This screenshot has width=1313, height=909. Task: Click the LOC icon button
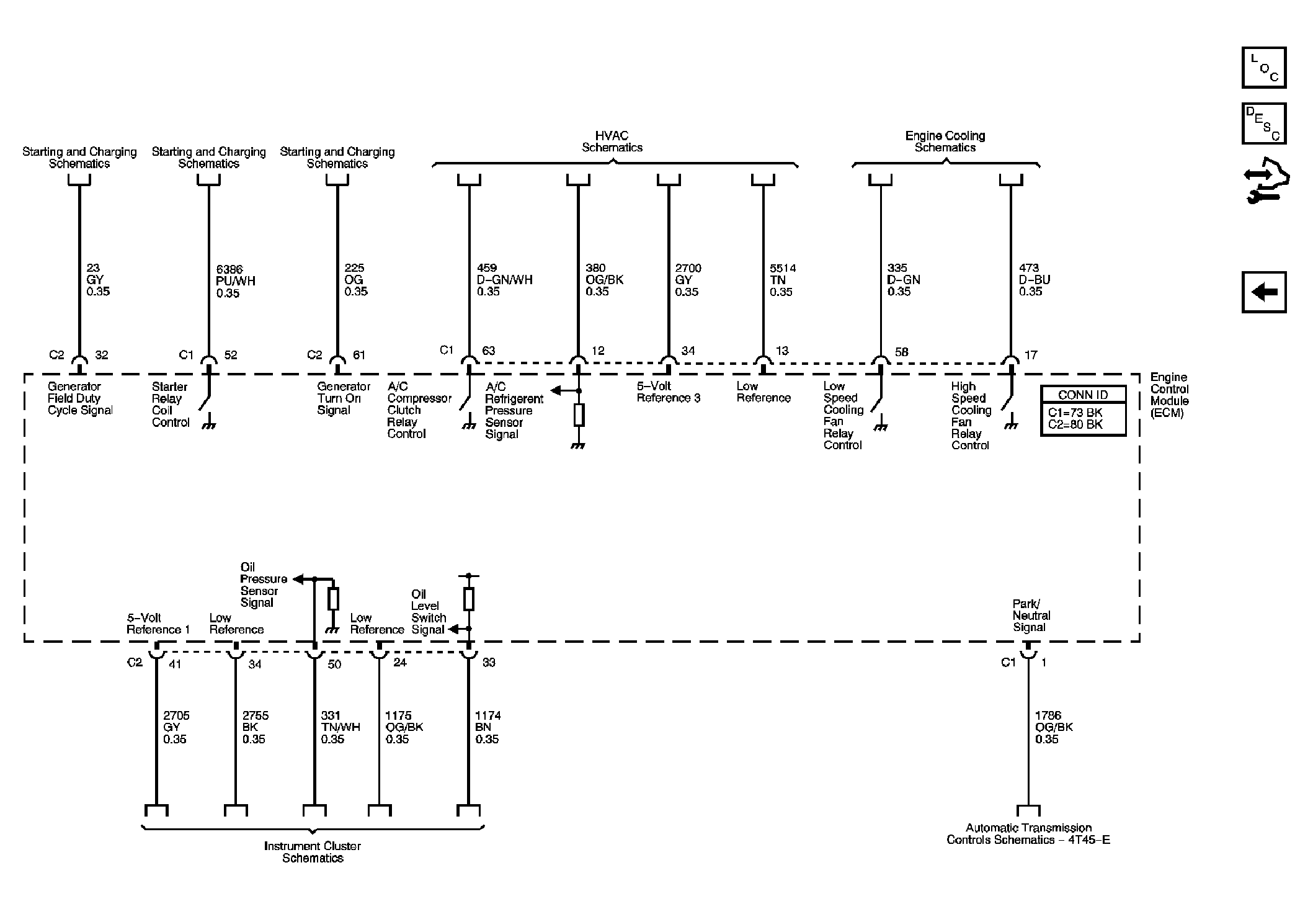(1263, 68)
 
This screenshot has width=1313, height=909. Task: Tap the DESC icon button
(1263, 123)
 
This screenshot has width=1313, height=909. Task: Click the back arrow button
(1263, 292)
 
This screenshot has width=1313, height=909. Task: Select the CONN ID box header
(1083, 395)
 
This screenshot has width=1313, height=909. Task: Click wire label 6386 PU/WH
(236, 281)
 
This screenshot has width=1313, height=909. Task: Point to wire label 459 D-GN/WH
(504, 280)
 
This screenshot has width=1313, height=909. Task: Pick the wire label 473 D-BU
(1035, 280)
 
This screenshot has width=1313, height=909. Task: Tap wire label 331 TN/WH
(340, 727)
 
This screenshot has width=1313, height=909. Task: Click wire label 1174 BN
(488, 727)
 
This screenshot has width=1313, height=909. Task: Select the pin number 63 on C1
(489, 351)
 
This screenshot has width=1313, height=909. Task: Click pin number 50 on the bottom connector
(334, 664)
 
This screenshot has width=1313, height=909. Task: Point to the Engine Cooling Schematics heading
(945, 141)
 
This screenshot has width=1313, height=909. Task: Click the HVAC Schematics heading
(612, 141)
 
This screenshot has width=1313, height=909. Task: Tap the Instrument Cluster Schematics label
(313, 852)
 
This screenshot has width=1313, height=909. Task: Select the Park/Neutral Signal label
(1031, 616)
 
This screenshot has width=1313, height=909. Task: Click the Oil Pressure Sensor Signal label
(264, 585)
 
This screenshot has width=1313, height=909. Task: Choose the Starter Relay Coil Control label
(171, 405)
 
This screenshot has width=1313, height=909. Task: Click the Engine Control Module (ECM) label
(1170, 395)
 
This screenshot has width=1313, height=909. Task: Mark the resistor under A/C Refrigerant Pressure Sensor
(579, 414)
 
